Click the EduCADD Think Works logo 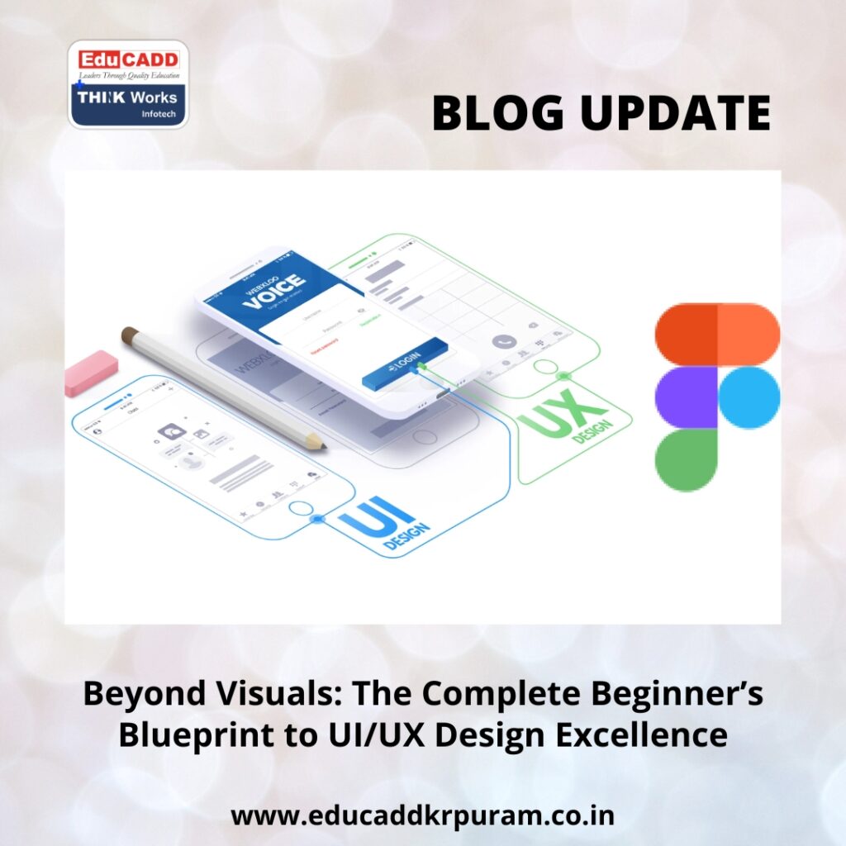pos(127,85)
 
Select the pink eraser pos(92,373)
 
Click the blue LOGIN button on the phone pos(405,364)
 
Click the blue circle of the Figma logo pos(749,397)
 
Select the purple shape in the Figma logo pos(686,397)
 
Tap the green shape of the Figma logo pos(686,459)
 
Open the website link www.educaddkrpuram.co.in pos(422,816)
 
